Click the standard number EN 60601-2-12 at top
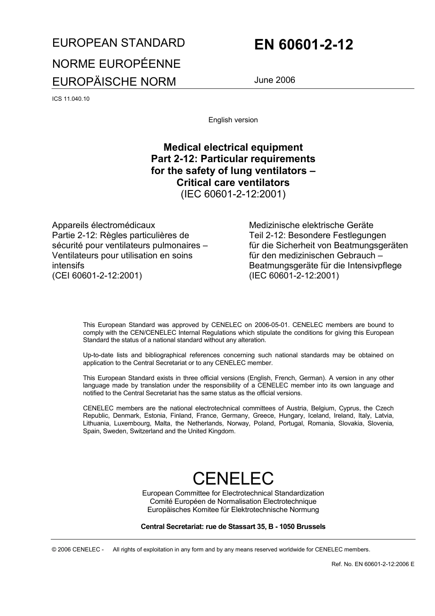(304, 45)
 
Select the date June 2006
(274, 80)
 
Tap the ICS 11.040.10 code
(71, 98)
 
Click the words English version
(233, 120)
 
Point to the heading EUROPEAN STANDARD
(119, 43)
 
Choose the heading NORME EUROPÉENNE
(116, 64)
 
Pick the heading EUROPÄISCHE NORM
(114, 82)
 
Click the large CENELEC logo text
(233, 478)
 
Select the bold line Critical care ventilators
(233, 182)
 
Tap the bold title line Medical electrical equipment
(233, 147)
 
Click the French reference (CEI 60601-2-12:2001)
(97, 276)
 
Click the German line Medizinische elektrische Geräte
(311, 225)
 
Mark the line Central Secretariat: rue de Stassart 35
(233, 527)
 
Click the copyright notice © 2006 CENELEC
(78, 550)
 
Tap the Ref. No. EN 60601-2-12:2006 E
(373, 564)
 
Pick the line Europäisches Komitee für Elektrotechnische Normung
(233, 510)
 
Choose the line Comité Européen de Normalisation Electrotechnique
(233, 502)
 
